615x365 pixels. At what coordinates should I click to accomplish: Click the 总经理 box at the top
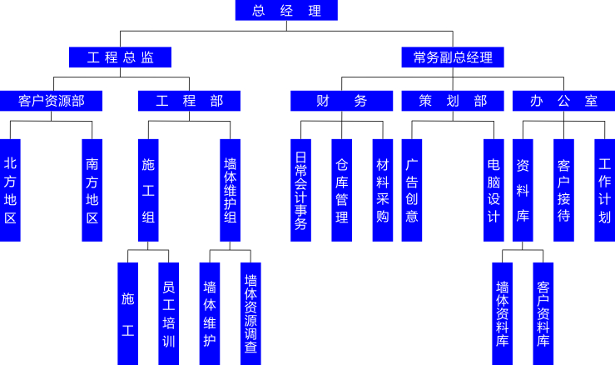click(x=286, y=10)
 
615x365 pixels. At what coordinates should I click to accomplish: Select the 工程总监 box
click(x=120, y=57)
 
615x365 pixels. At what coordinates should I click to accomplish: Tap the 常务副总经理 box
click(x=453, y=57)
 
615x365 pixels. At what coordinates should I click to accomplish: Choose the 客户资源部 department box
click(x=52, y=101)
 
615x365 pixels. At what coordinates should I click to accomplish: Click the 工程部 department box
click(x=189, y=101)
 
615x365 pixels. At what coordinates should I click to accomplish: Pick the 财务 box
click(x=342, y=101)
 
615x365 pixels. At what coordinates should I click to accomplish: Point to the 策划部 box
click(x=453, y=101)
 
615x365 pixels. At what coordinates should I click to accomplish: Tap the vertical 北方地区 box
click(x=10, y=190)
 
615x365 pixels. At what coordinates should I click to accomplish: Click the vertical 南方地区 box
click(x=92, y=190)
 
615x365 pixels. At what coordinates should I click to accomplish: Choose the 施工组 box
click(x=148, y=190)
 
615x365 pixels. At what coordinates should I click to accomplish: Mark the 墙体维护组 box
click(x=231, y=190)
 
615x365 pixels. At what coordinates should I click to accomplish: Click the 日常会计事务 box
click(x=301, y=190)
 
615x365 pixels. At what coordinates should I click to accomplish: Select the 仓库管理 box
click(x=341, y=190)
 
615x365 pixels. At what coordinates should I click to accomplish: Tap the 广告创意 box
click(x=412, y=190)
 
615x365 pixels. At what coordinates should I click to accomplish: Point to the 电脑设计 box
click(x=493, y=190)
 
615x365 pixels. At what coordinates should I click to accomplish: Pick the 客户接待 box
click(x=564, y=190)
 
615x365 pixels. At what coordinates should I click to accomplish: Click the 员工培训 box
click(x=168, y=313)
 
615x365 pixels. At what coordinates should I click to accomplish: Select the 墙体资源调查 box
click(x=250, y=313)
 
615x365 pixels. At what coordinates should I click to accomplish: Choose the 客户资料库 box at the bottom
click(x=543, y=313)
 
